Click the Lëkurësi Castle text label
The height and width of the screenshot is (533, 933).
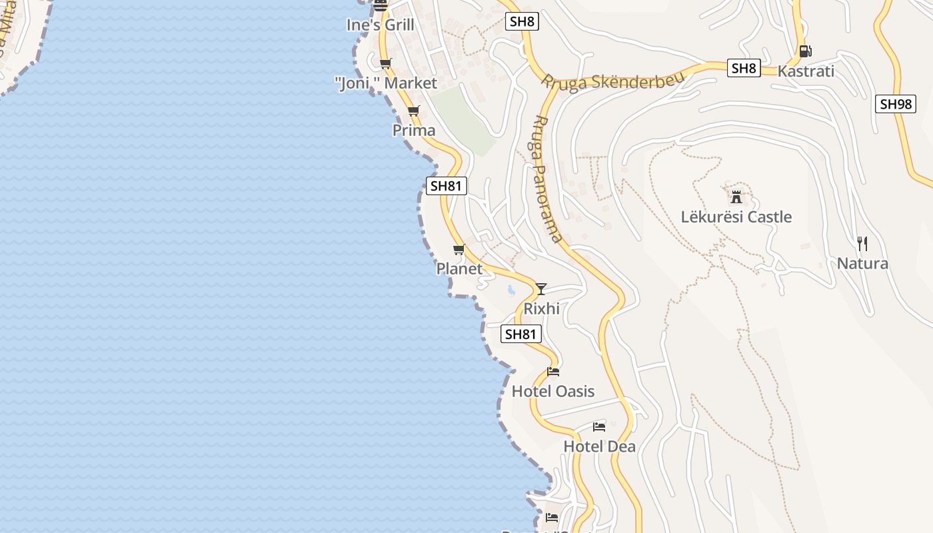736,217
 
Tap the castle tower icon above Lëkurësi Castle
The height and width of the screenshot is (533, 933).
736,197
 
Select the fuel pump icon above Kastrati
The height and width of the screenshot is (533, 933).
805,51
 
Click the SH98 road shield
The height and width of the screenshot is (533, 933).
896,104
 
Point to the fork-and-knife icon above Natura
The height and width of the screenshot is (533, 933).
862,243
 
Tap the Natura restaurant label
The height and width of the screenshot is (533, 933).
862,264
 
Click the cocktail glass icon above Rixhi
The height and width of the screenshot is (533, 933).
541,288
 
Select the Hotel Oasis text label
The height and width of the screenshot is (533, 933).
552,391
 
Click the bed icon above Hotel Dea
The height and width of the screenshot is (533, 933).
599,426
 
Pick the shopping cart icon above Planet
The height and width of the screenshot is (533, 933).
459,249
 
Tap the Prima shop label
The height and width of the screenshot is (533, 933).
414,131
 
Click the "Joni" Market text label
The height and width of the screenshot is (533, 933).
386,83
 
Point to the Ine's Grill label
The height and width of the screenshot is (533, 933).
381,25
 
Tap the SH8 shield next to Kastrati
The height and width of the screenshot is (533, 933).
744,68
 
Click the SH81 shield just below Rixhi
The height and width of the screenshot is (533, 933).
521,334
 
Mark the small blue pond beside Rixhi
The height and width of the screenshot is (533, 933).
511,290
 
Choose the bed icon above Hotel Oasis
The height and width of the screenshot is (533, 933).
553,371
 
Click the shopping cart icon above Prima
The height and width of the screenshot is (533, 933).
414,111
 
